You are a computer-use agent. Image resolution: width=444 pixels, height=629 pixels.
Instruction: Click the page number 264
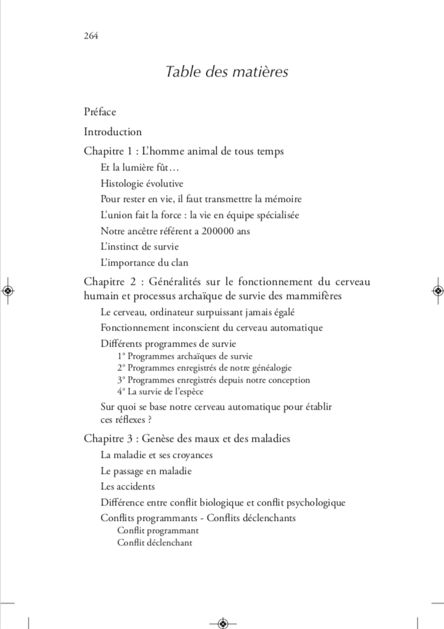(91, 35)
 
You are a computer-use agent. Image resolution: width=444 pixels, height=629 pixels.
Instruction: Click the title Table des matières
(227, 71)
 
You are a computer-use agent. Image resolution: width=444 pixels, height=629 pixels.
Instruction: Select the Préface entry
(100, 112)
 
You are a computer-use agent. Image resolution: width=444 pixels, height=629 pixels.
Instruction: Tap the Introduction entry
(113, 132)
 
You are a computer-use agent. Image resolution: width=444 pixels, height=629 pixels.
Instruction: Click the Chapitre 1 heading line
(184, 152)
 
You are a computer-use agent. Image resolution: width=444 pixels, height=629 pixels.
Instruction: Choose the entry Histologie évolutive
(142, 183)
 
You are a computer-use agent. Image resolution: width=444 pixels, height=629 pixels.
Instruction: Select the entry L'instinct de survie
(140, 246)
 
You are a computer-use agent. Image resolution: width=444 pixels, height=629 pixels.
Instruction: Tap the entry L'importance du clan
(144, 262)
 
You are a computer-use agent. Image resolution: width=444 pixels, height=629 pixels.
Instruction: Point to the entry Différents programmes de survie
(169, 343)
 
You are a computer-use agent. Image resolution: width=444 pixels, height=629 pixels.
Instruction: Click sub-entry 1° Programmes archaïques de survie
(185, 356)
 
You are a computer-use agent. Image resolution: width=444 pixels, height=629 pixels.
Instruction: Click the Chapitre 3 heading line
(187, 439)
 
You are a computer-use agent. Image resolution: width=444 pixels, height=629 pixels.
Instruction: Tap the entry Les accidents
(128, 486)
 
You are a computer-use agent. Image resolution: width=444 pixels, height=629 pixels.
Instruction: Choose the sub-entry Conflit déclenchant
(154, 542)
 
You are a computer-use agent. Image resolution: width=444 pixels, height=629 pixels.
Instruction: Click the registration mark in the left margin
(8, 291)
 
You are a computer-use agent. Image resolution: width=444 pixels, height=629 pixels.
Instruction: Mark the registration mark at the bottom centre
(223, 622)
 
